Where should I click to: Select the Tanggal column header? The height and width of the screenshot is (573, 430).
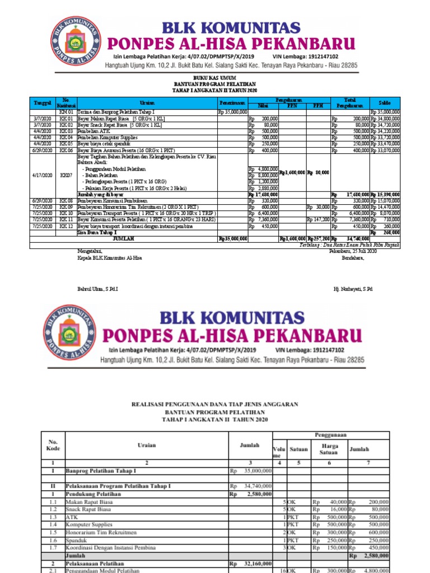43,103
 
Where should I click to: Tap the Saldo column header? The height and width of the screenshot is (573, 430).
384,103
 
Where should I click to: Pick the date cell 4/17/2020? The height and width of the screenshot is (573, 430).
43,176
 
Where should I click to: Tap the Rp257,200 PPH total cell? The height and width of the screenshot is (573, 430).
318,238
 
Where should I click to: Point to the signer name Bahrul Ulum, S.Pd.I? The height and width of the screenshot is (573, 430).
98,289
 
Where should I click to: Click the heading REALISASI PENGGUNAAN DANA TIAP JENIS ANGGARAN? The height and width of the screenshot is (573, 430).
215,403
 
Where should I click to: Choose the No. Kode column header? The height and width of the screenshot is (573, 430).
53,445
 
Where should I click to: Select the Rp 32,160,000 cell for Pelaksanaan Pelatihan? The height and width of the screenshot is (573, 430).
251,564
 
